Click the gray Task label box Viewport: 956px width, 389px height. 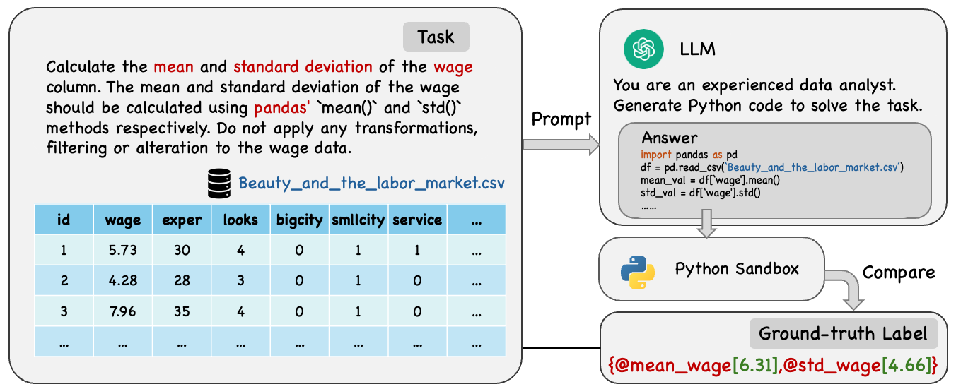(436, 37)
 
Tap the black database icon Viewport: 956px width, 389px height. (219, 184)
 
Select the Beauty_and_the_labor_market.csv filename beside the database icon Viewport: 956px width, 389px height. (371, 184)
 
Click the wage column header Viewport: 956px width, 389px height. (123, 220)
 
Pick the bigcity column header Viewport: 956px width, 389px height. (300, 220)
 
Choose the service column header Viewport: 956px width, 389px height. (417, 220)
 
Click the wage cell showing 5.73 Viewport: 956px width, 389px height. (123, 250)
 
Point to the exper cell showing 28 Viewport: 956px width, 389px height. (182, 280)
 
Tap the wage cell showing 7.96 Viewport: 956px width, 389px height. (123, 311)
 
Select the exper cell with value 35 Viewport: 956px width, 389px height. (182, 311)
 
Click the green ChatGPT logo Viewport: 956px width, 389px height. (643, 49)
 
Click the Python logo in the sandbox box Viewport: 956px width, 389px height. (638, 273)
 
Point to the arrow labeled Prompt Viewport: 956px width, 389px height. (561, 145)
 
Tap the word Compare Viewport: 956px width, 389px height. (899, 273)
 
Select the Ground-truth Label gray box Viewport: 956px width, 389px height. (844, 333)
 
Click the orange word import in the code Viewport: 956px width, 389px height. (656, 155)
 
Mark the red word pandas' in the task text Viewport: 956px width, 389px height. (281, 108)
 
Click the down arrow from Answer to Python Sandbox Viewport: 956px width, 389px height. (707, 224)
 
